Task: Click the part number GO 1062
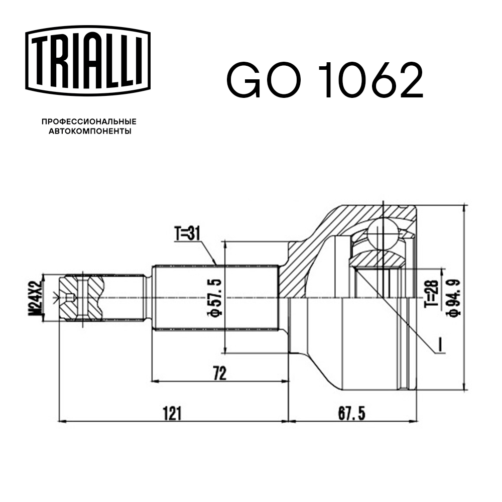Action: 325,80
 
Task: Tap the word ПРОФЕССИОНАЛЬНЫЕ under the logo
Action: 88,122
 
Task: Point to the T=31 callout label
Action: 187,233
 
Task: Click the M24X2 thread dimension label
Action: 35,298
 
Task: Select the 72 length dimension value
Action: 219,373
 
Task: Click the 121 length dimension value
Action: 172,413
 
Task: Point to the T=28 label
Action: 434,294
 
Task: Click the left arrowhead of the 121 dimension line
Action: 63,420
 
